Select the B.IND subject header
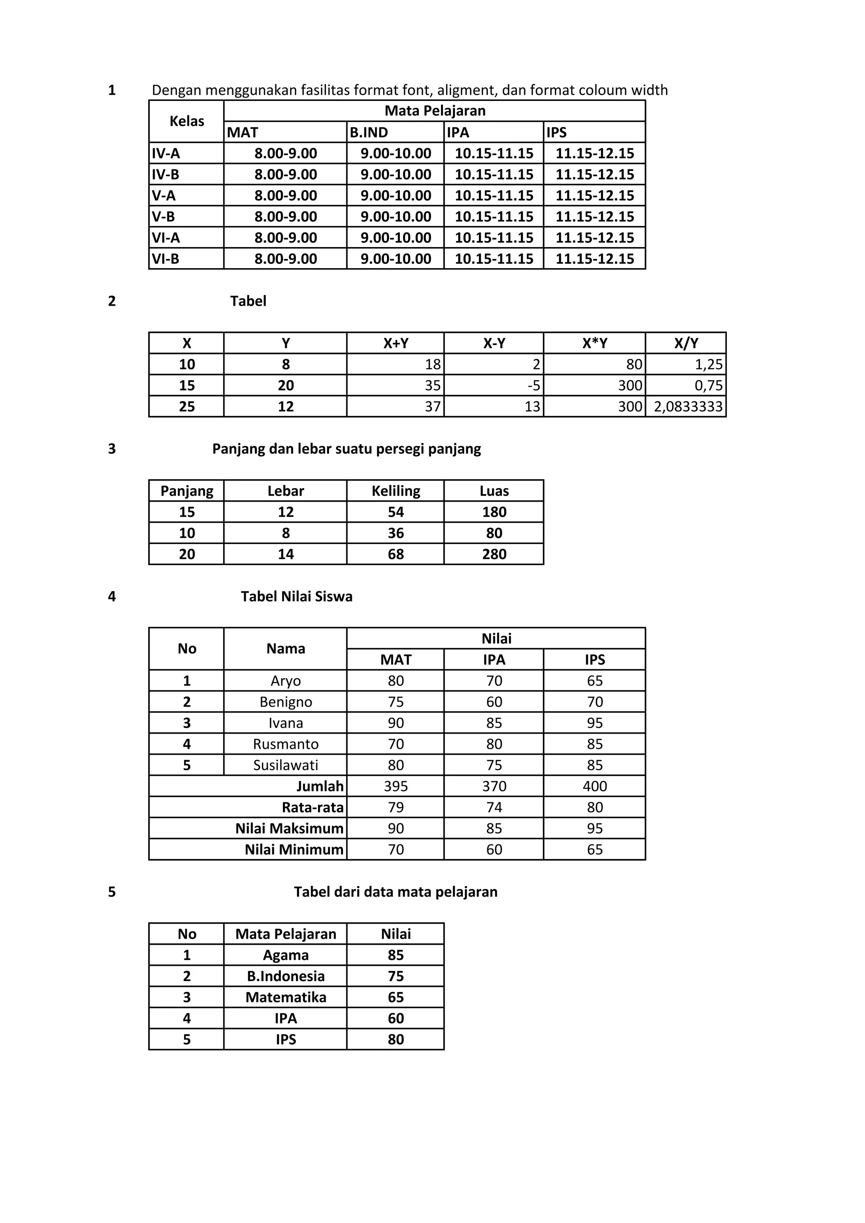369,133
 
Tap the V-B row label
163,217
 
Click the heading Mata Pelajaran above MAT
435,111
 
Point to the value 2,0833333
688,407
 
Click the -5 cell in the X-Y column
533,386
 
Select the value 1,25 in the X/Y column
708,365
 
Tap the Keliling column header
396,491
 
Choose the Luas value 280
494,554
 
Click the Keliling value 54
396,512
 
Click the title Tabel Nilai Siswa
296,597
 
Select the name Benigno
286,702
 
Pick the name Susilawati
286,766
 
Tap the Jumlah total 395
396,787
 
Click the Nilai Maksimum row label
289,829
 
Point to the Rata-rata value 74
494,807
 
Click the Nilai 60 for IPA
396,1019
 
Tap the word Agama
286,956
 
